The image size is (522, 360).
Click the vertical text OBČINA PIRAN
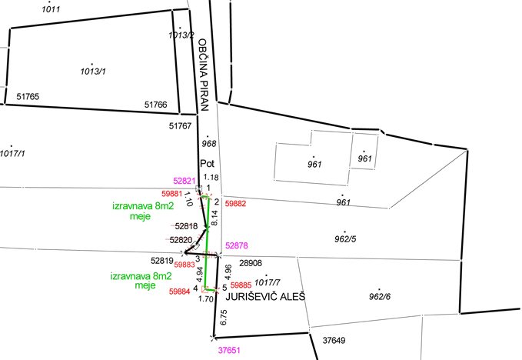[204, 75]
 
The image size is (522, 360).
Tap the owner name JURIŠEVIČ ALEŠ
[265, 296]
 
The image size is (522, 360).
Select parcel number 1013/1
[93, 72]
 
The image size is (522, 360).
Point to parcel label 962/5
[345, 238]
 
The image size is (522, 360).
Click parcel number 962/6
[380, 296]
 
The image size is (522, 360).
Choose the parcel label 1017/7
[267, 282]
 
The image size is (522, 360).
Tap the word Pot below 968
[207, 164]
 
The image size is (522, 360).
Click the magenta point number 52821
[184, 181]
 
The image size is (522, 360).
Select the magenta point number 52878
[236, 245]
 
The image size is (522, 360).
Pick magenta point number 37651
[229, 350]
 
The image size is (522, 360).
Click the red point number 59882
[235, 204]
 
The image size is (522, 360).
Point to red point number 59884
[179, 292]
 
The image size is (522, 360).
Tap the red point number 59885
[241, 285]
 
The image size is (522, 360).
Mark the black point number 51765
[28, 97]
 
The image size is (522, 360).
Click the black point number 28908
[251, 263]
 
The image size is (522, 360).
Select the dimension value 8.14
[214, 218]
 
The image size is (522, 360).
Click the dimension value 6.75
[224, 318]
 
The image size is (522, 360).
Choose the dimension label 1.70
[206, 298]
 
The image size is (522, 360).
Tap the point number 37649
[334, 340]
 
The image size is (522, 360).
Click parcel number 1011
[51, 9]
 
